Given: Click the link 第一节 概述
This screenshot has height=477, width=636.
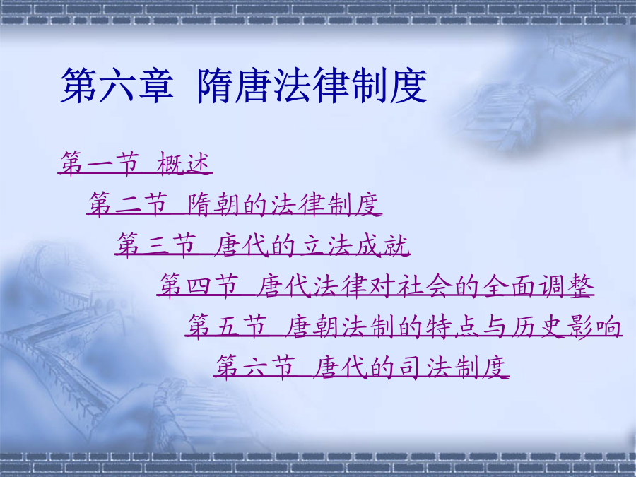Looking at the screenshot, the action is tap(135, 163).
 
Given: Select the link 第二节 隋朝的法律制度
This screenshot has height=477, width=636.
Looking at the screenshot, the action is tap(234, 204).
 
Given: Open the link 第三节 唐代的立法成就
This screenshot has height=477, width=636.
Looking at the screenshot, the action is tap(262, 245).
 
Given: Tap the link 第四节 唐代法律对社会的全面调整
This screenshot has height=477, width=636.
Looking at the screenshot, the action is tap(376, 285).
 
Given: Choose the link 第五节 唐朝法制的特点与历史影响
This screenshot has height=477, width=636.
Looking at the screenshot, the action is tap(404, 326).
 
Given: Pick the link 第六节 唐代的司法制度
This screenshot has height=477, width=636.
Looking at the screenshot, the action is tap(361, 367).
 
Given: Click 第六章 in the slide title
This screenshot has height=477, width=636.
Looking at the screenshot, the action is tap(117, 86).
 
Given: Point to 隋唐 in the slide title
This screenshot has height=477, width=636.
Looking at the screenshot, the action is tap(235, 86).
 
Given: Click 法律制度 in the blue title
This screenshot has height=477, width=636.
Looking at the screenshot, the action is tap(350, 86).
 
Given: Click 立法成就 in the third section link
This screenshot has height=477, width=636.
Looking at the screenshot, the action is tap(355, 245).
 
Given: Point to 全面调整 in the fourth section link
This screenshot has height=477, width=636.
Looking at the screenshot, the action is tap(538, 285).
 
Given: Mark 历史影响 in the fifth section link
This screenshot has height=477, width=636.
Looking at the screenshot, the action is tap(566, 326).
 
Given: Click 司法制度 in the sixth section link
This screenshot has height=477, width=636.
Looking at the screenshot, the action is tap(453, 367).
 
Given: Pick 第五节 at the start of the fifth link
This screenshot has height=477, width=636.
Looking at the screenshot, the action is tap(227, 326).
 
